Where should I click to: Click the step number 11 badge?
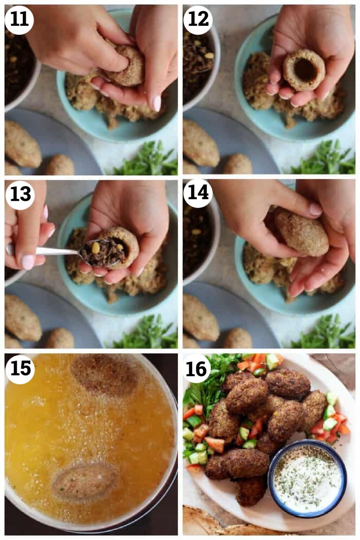(x=19, y=20)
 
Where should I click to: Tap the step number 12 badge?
(x=198, y=20)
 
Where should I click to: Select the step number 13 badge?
(x=20, y=194)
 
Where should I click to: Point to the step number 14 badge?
(x=198, y=193)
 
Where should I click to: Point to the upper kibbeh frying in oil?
(x=104, y=375)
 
